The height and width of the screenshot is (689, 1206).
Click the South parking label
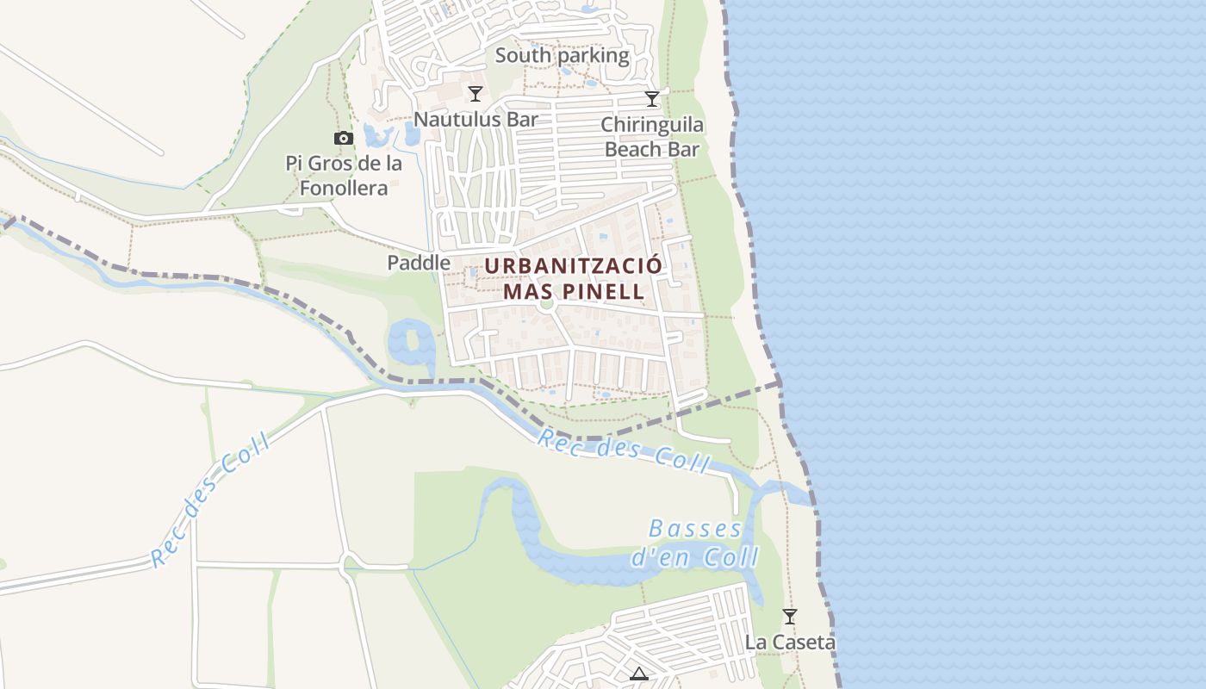563,56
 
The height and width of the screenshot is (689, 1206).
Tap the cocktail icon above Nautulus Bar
475,93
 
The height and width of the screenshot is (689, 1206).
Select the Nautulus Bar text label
476,119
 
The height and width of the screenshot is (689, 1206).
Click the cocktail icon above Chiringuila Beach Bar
652,99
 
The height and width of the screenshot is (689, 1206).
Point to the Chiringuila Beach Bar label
652,137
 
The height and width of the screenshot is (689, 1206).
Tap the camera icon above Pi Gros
344,138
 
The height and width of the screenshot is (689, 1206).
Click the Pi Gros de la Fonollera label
344,175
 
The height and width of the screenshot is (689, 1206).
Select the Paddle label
419,263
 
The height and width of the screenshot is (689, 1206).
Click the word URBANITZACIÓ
574,265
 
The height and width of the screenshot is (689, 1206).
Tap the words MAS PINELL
574,291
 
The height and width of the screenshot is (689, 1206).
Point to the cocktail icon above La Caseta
789,617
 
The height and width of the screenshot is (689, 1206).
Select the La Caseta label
790,642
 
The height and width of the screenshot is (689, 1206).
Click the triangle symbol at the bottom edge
638,673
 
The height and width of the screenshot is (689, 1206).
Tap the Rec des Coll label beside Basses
624,450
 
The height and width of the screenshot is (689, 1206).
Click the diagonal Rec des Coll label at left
211,500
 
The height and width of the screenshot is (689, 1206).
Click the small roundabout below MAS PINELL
545,303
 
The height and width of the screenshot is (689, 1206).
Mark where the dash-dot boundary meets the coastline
780,382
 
